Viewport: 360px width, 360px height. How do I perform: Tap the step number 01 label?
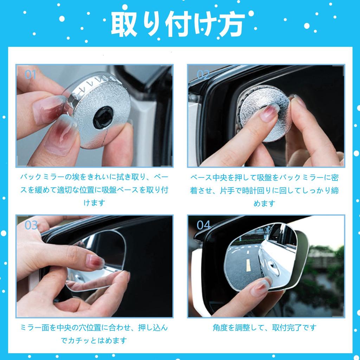pos(31,75)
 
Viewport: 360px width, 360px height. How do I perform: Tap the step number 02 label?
pos(203,75)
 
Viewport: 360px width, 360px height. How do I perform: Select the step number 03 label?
pos(31,225)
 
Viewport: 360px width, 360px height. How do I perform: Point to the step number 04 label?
pos(204,225)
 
